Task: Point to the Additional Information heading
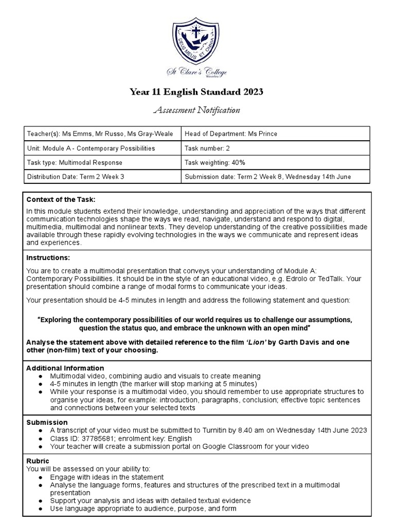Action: coord(65,368)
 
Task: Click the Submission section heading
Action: coord(47,422)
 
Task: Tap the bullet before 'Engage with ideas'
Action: coord(40,477)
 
